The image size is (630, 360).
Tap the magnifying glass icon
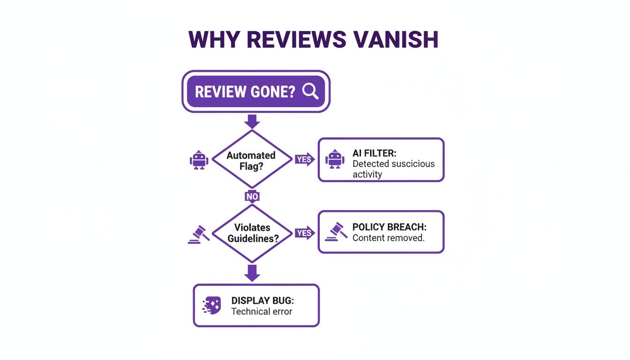(310, 91)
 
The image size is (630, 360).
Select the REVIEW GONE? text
(245, 91)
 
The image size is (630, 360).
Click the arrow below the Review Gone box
(252, 121)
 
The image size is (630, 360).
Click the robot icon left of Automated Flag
(199, 160)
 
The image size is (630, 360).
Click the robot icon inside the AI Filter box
(334, 160)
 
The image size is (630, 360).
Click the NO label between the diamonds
(252, 196)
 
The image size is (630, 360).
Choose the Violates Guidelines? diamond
(252, 233)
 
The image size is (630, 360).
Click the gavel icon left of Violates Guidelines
(198, 234)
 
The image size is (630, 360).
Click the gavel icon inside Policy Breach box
(336, 232)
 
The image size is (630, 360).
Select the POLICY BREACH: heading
(389, 227)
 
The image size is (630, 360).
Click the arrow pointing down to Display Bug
(252, 273)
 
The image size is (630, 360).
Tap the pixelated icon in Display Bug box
(211, 306)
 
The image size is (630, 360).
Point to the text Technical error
(262, 311)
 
